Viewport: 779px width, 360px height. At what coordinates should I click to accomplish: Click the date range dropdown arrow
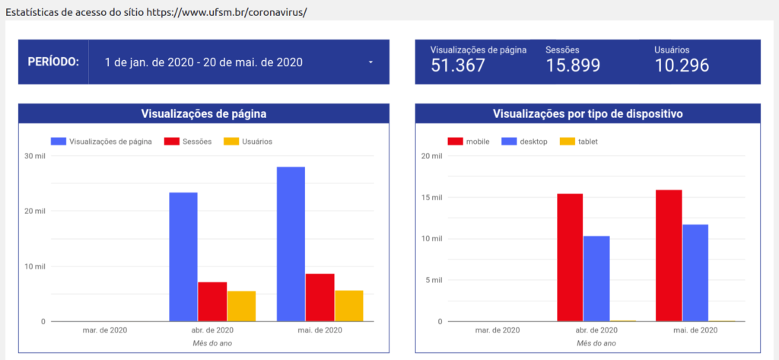[x=370, y=62]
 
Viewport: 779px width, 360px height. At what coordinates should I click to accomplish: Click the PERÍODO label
[x=53, y=62]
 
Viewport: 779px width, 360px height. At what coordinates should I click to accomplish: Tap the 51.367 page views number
[x=458, y=65]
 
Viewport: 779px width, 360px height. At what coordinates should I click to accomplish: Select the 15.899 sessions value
[x=573, y=65]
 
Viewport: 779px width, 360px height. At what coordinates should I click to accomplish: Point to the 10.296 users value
[x=682, y=65]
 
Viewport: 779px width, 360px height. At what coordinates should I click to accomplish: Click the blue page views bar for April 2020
[x=183, y=256]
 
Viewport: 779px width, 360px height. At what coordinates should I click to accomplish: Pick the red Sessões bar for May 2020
[x=320, y=298]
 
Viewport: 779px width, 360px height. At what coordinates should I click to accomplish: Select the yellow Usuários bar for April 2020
[x=241, y=306]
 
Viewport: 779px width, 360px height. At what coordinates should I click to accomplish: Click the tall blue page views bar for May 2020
[x=291, y=244]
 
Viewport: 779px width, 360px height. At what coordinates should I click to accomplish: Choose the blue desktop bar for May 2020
[x=695, y=272]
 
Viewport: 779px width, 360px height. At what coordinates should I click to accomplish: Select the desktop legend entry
[x=533, y=142]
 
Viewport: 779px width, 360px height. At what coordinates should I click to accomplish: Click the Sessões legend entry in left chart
[x=194, y=142]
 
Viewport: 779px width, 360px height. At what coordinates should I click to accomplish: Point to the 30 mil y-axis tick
[x=35, y=156]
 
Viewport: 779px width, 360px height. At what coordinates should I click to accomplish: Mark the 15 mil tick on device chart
[x=431, y=198]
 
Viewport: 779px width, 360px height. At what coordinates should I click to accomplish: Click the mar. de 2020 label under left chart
[x=104, y=330]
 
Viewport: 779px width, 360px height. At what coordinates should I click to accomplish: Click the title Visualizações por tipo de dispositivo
[x=587, y=113]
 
